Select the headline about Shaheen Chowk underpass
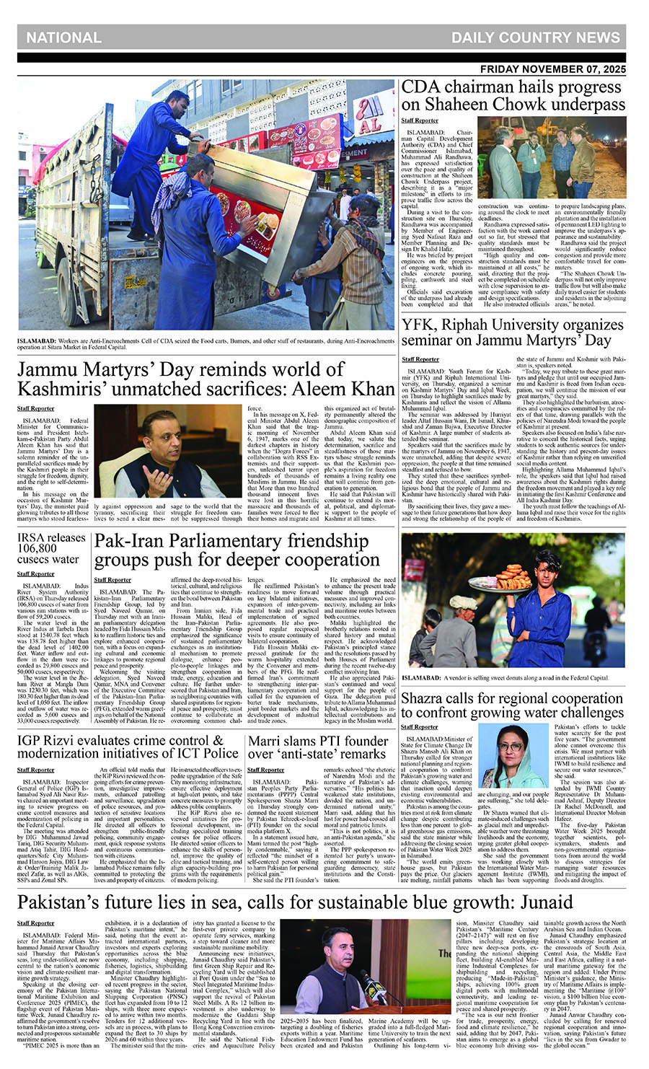[513, 96]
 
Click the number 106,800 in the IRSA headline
[37, 548]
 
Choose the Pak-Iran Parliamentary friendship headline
[237, 550]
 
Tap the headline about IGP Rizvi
[128, 747]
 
